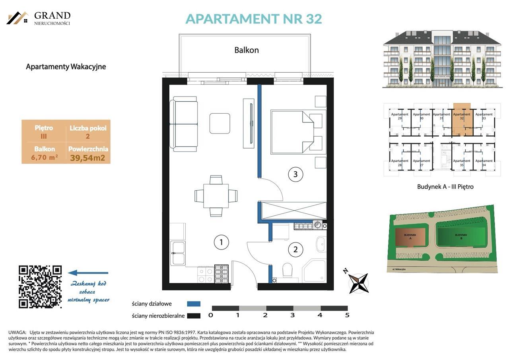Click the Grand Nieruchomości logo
point(39,18)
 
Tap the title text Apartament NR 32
point(253,19)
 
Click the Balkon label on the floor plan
point(246,50)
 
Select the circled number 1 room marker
point(221,242)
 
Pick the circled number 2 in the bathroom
point(295,250)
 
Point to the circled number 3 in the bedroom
point(295,174)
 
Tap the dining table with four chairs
point(216,196)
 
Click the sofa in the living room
point(184,124)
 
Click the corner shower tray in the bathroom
point(315,271)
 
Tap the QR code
point(40,286)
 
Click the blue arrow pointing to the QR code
point(88,273)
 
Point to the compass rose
point(358,283)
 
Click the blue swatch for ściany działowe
point(194,304)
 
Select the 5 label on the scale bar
point(347,315)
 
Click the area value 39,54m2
point(87,158)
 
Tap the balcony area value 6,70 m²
point(45,157)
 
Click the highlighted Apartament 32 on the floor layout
point(462,119)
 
